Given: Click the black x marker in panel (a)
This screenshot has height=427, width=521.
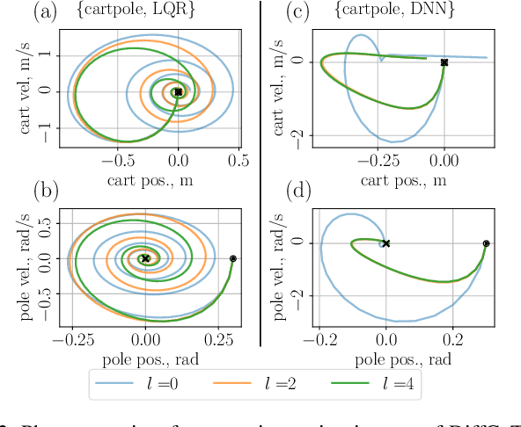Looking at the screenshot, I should tap(179, 91).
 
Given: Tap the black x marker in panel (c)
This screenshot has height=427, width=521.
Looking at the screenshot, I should tap(444, 62).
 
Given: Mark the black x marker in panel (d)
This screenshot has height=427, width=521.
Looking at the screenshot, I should tap(385, 243).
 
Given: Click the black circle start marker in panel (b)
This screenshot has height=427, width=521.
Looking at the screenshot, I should tap(233, 258).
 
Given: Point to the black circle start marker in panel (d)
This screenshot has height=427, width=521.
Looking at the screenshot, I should tap(486, 243).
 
